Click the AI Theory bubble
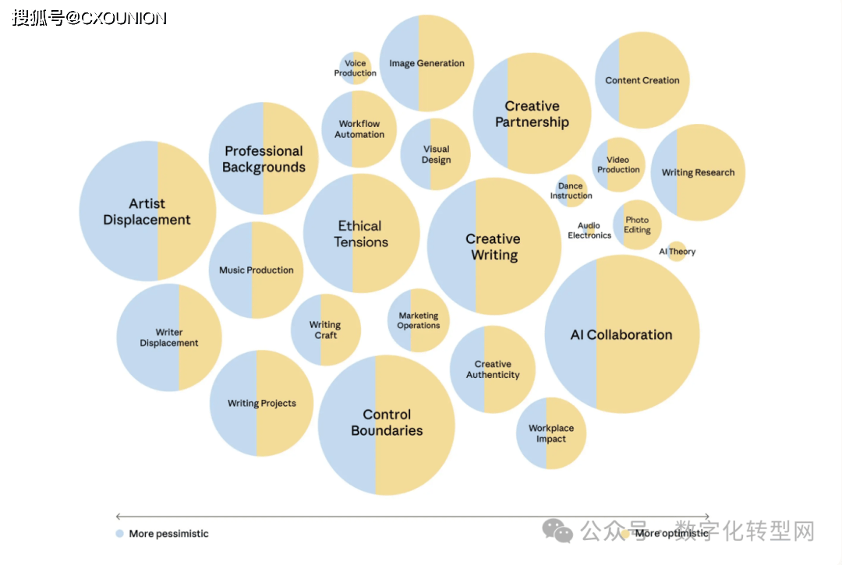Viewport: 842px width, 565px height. tap(677, 252)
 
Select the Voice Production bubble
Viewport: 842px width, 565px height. tap(356, 69)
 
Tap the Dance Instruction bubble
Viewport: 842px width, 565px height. tap(571, 191)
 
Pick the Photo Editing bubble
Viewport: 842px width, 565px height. tap(637, 225)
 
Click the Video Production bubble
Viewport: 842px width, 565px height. tap(618, 164)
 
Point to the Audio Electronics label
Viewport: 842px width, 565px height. tap(589, 231)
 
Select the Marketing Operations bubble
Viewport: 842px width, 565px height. tap(419, 320)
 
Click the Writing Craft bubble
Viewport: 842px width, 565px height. tap(326, 330)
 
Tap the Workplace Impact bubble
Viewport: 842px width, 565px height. tap(551, 433)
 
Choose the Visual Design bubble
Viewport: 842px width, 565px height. tap(436, 154)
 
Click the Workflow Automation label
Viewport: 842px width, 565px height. tap(359, 129)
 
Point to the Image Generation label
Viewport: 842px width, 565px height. tap(426, 63)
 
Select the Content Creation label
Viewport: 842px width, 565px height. tap(642, 80)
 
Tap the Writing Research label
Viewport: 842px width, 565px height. tap(698, 172)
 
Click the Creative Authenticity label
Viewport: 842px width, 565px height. tap(493, 369)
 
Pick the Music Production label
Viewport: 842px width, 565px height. tap(256, 270)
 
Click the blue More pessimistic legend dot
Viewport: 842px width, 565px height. tap(119, 534)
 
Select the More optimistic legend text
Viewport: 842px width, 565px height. tap(671, 534)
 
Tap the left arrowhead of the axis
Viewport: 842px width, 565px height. tap(118, 517)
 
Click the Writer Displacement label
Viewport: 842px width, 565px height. tap(169, 337)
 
